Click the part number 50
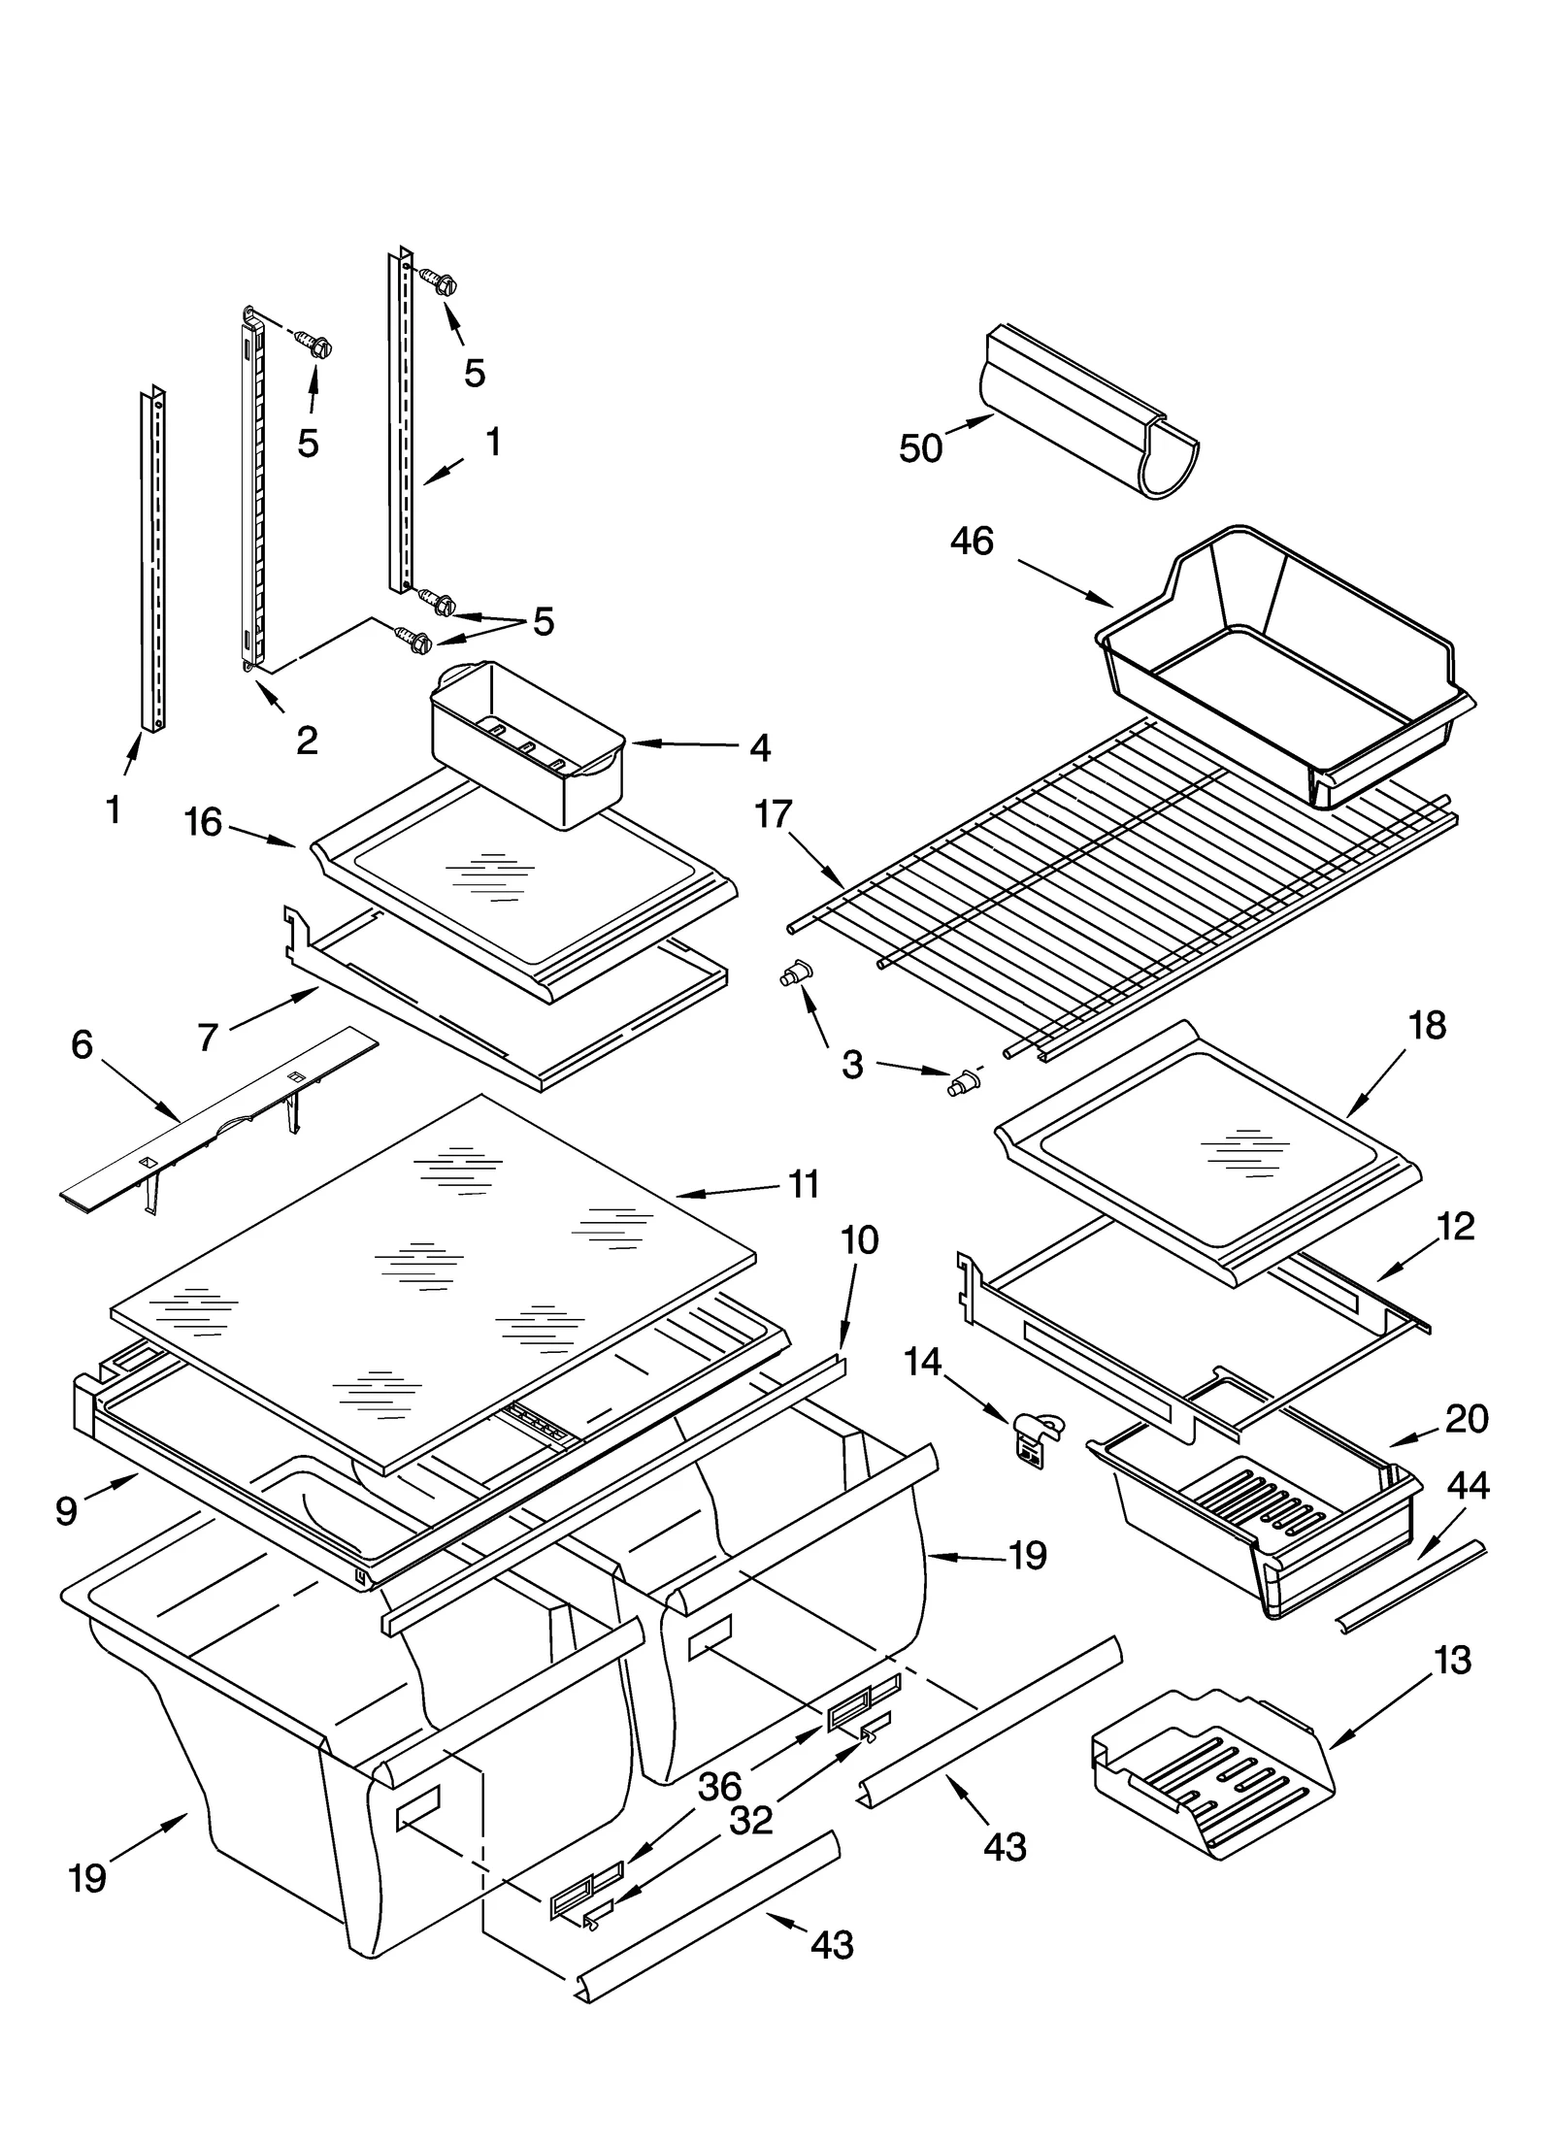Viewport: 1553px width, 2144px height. tap(920, 448)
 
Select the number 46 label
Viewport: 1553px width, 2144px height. tap(972, 542)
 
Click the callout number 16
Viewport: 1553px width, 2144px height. tap(204, 823)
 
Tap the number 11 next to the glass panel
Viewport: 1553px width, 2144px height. tap(804, 1184)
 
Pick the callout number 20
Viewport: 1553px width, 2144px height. tap(1467, 1419)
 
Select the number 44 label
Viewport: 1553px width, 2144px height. tap(1468, 1486)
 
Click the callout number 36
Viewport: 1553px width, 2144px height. tap(719, 1786)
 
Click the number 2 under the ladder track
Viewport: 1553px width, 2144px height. tap(306, 742)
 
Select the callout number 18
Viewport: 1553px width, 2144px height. tap(1427, 1025)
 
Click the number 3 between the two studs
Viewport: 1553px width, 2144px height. tap(851, 1065)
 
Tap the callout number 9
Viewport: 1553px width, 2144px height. tap(66, 1511)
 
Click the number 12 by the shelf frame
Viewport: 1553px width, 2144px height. tap(1455, 1227)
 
